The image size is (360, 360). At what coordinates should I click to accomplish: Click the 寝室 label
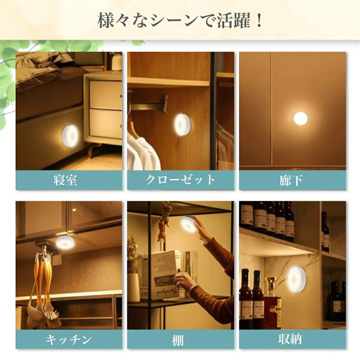69,180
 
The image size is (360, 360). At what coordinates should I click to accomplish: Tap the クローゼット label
180,180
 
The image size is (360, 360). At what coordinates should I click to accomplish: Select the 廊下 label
292,180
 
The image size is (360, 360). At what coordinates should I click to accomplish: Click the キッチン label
69,339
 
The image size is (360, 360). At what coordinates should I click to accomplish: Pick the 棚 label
180,339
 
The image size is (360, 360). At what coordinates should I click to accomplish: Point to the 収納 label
292,339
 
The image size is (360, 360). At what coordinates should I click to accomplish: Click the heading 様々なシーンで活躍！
180,20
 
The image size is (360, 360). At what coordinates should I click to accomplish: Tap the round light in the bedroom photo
71,136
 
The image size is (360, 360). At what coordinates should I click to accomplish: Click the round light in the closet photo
182,125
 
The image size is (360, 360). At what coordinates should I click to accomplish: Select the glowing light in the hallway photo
300,118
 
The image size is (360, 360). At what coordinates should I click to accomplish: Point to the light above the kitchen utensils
65,242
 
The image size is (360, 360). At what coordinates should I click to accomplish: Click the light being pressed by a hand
189,225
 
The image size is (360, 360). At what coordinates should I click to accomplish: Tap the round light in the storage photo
297,279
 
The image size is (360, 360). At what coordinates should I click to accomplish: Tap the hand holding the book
184,281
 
